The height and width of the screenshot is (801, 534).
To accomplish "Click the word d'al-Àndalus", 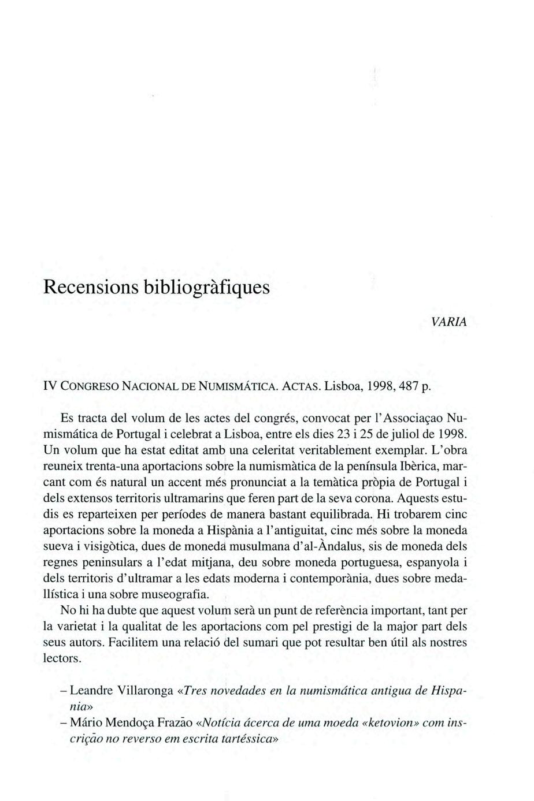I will (x=301, y=546).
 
